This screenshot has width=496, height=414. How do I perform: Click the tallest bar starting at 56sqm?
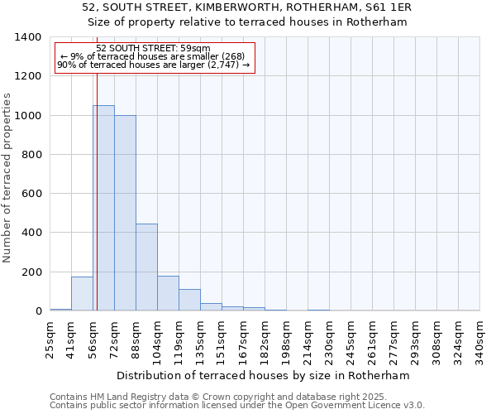(103, 208)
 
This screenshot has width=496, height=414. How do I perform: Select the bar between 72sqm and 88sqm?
(125, 213)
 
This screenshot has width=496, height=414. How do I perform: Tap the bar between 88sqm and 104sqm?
(146, 267)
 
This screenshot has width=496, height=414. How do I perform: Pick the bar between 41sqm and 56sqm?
(82, 294)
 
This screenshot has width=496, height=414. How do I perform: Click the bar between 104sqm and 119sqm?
(168, 293)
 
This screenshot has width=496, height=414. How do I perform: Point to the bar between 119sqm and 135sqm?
(189, 300)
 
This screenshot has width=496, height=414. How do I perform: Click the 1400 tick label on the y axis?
(27, 37)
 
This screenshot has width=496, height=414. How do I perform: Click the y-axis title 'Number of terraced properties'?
(8, 178)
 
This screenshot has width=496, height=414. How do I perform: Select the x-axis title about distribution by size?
(264, 375)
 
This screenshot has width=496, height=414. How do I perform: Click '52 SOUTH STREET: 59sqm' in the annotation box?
(153, 48)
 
